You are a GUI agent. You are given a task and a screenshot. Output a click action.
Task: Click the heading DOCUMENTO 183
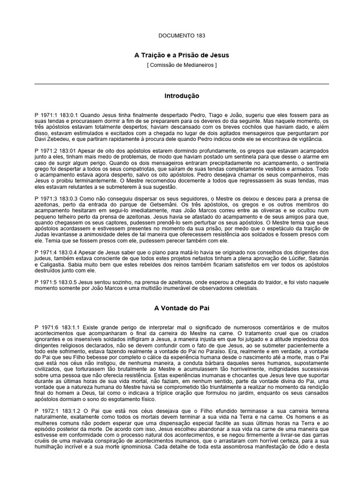point(182,35)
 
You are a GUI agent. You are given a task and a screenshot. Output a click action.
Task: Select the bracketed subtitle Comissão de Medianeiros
point(182,65)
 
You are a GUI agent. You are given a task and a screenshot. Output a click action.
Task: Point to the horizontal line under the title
point(182,84)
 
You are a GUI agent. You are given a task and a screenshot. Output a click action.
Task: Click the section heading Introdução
point(182,96)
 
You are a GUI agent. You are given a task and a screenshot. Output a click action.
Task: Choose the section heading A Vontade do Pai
point(182,308)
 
